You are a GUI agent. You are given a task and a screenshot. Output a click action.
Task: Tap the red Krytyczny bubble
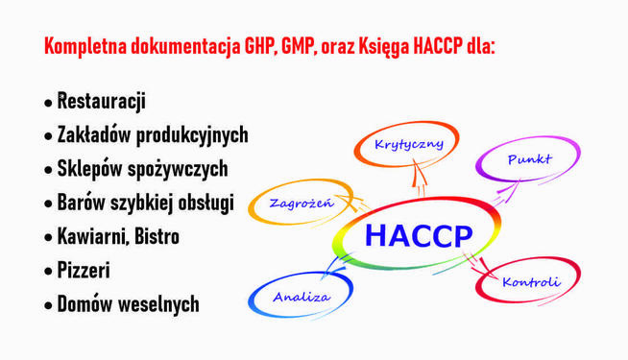pyautogui.click(x=408, y=145)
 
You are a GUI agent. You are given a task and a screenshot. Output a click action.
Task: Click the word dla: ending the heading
pyautogui.click(x=477, y=46)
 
